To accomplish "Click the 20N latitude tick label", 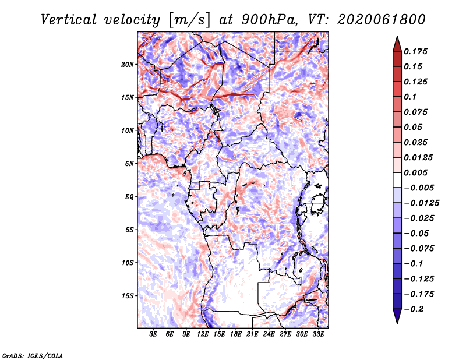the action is pyautogui.click(x=128, y=65).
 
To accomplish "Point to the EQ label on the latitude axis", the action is pyautogui.click(x=129, y=197).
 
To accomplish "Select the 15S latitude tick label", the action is pyautogui.click(x=128, y=296).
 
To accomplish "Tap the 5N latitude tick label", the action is pyautogui.click(x=129, y=164).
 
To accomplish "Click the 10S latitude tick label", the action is pyautogui.click(x=128, y=263).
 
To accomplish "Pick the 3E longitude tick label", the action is pyautogui.click(x=153, y=334).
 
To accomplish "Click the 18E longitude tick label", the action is pyautogui.click(x=236, y=334).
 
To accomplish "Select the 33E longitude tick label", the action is pyautogui.click(x=318, y=334).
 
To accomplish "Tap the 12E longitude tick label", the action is pyautogui.click(x=203, y=334).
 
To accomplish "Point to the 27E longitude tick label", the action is pyautogui.click(x=285, y=334).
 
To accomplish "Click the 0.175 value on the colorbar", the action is pyautogui.click(x=415, y=51).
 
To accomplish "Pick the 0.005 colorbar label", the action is pyautogui.click(x=415, y=172).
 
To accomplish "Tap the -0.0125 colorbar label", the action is pyautogui.click(x=421, y=203).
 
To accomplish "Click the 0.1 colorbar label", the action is pyautogui.click(x=410, y=97).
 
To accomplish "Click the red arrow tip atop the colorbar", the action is pyautogui.click(x=397, y=36).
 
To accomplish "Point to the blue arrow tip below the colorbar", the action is pyautogui.click(x=397, y=323).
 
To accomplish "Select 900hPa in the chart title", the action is pyautogui.click(x=270, y=20).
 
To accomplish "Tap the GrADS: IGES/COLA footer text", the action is pyautogui.click(x=33, y=356).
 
